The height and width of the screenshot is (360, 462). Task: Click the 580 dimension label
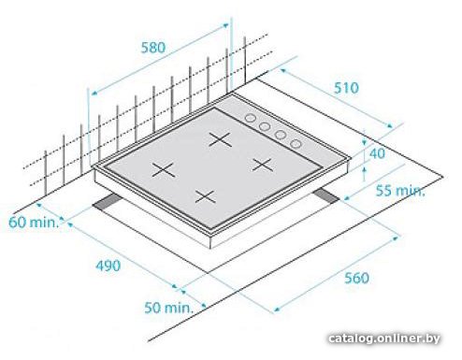(x=153, y=48)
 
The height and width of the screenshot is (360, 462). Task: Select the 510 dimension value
(x=346, y=88)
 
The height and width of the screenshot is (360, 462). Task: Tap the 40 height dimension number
(x=377, y=153)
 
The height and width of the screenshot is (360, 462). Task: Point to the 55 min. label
(x=400, y=191)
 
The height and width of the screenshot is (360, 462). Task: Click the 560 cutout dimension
(x=356, y=278)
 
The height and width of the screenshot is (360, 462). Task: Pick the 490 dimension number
(x=108, y=266)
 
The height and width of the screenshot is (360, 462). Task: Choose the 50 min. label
(x=168, y=308)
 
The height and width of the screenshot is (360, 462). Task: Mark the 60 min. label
(x=34, y=223)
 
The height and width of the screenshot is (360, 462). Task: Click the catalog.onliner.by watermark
(x=384, y=338)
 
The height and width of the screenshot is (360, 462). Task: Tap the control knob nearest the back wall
(x=250, y=118)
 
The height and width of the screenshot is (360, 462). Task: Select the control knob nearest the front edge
(x=296, y=143)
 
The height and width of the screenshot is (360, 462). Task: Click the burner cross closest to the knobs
(x=262, y=165)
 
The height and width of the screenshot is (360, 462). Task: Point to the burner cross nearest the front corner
(x=205, y=196)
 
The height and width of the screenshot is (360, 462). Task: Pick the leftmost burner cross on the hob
(x=164, y=170)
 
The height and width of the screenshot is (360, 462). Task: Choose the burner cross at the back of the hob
(x=220, y=139)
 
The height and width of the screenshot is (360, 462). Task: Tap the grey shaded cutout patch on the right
(x=326, y=196)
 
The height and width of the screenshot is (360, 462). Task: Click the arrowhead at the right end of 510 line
(x=390, y=125)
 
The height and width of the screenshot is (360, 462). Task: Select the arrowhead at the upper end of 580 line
(x=225, y=25)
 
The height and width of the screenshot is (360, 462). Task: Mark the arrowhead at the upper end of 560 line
(x=396, y=238)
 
